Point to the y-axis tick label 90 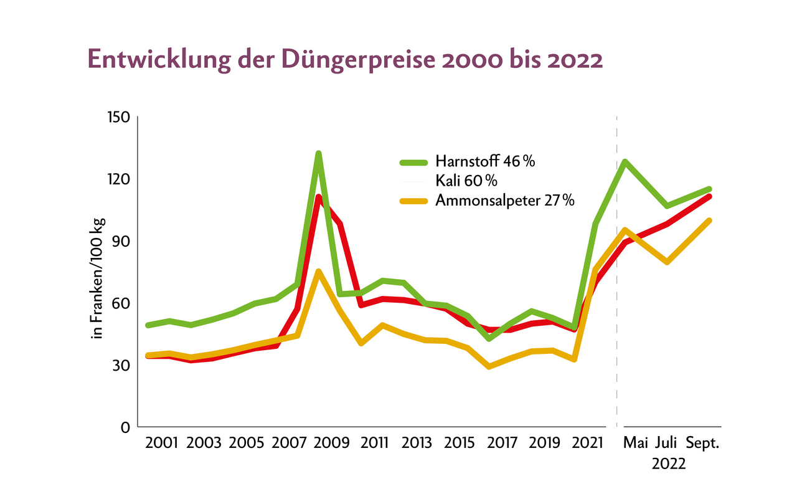tap(119, 241)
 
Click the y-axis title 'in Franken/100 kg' tap(97, 279)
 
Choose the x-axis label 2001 tap(161, 444)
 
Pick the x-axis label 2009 tap(332, 444)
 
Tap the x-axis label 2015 tap(460, 444)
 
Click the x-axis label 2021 tap(588, 444)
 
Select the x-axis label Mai tap(636, 444)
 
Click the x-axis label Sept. tap(703, 444)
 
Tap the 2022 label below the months tap(669, 464)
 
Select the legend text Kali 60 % tap(466, 181)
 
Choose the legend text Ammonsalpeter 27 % tap(505, 201)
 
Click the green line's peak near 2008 tap(318, 153)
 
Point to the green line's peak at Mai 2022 tap(624, 161)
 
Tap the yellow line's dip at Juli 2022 tap(667, 262)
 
